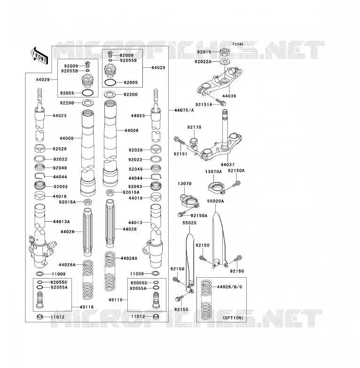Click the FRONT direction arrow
39,56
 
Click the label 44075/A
184,110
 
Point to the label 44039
229,96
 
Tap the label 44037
227,165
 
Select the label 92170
194,127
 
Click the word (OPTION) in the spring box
233,318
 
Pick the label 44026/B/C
229,287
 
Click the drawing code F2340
238,44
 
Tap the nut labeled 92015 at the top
225,52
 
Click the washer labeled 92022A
225,62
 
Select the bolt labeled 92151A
220,102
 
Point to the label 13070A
213,172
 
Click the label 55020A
215,201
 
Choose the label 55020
189,223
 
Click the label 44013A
62,222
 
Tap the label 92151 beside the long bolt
180,154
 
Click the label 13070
184,184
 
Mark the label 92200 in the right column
131,94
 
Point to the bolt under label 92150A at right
236,184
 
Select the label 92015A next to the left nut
67,202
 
